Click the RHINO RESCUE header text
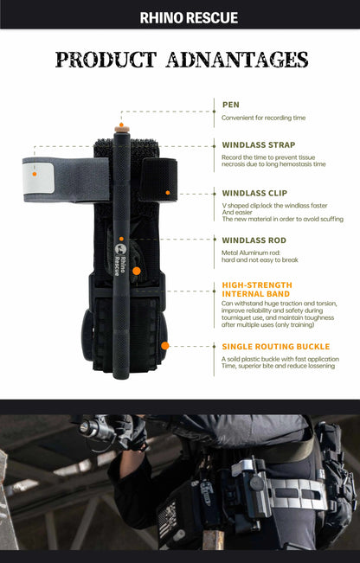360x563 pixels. point(189,17)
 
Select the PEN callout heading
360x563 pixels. point(230,104)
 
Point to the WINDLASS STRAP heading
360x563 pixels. point(258,144)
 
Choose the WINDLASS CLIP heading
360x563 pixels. point(254,193)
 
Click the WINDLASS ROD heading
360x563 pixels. point(254,240)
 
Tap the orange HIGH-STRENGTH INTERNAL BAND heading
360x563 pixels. point(257,288)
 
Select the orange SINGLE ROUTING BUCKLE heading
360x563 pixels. point(275,347)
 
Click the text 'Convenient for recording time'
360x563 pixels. point(263,118)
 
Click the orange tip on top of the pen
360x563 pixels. point(122,127)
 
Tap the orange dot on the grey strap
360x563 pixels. point(35,172)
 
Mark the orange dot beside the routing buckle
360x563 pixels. point(165,345)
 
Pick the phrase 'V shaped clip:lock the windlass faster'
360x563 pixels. point(274,206)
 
